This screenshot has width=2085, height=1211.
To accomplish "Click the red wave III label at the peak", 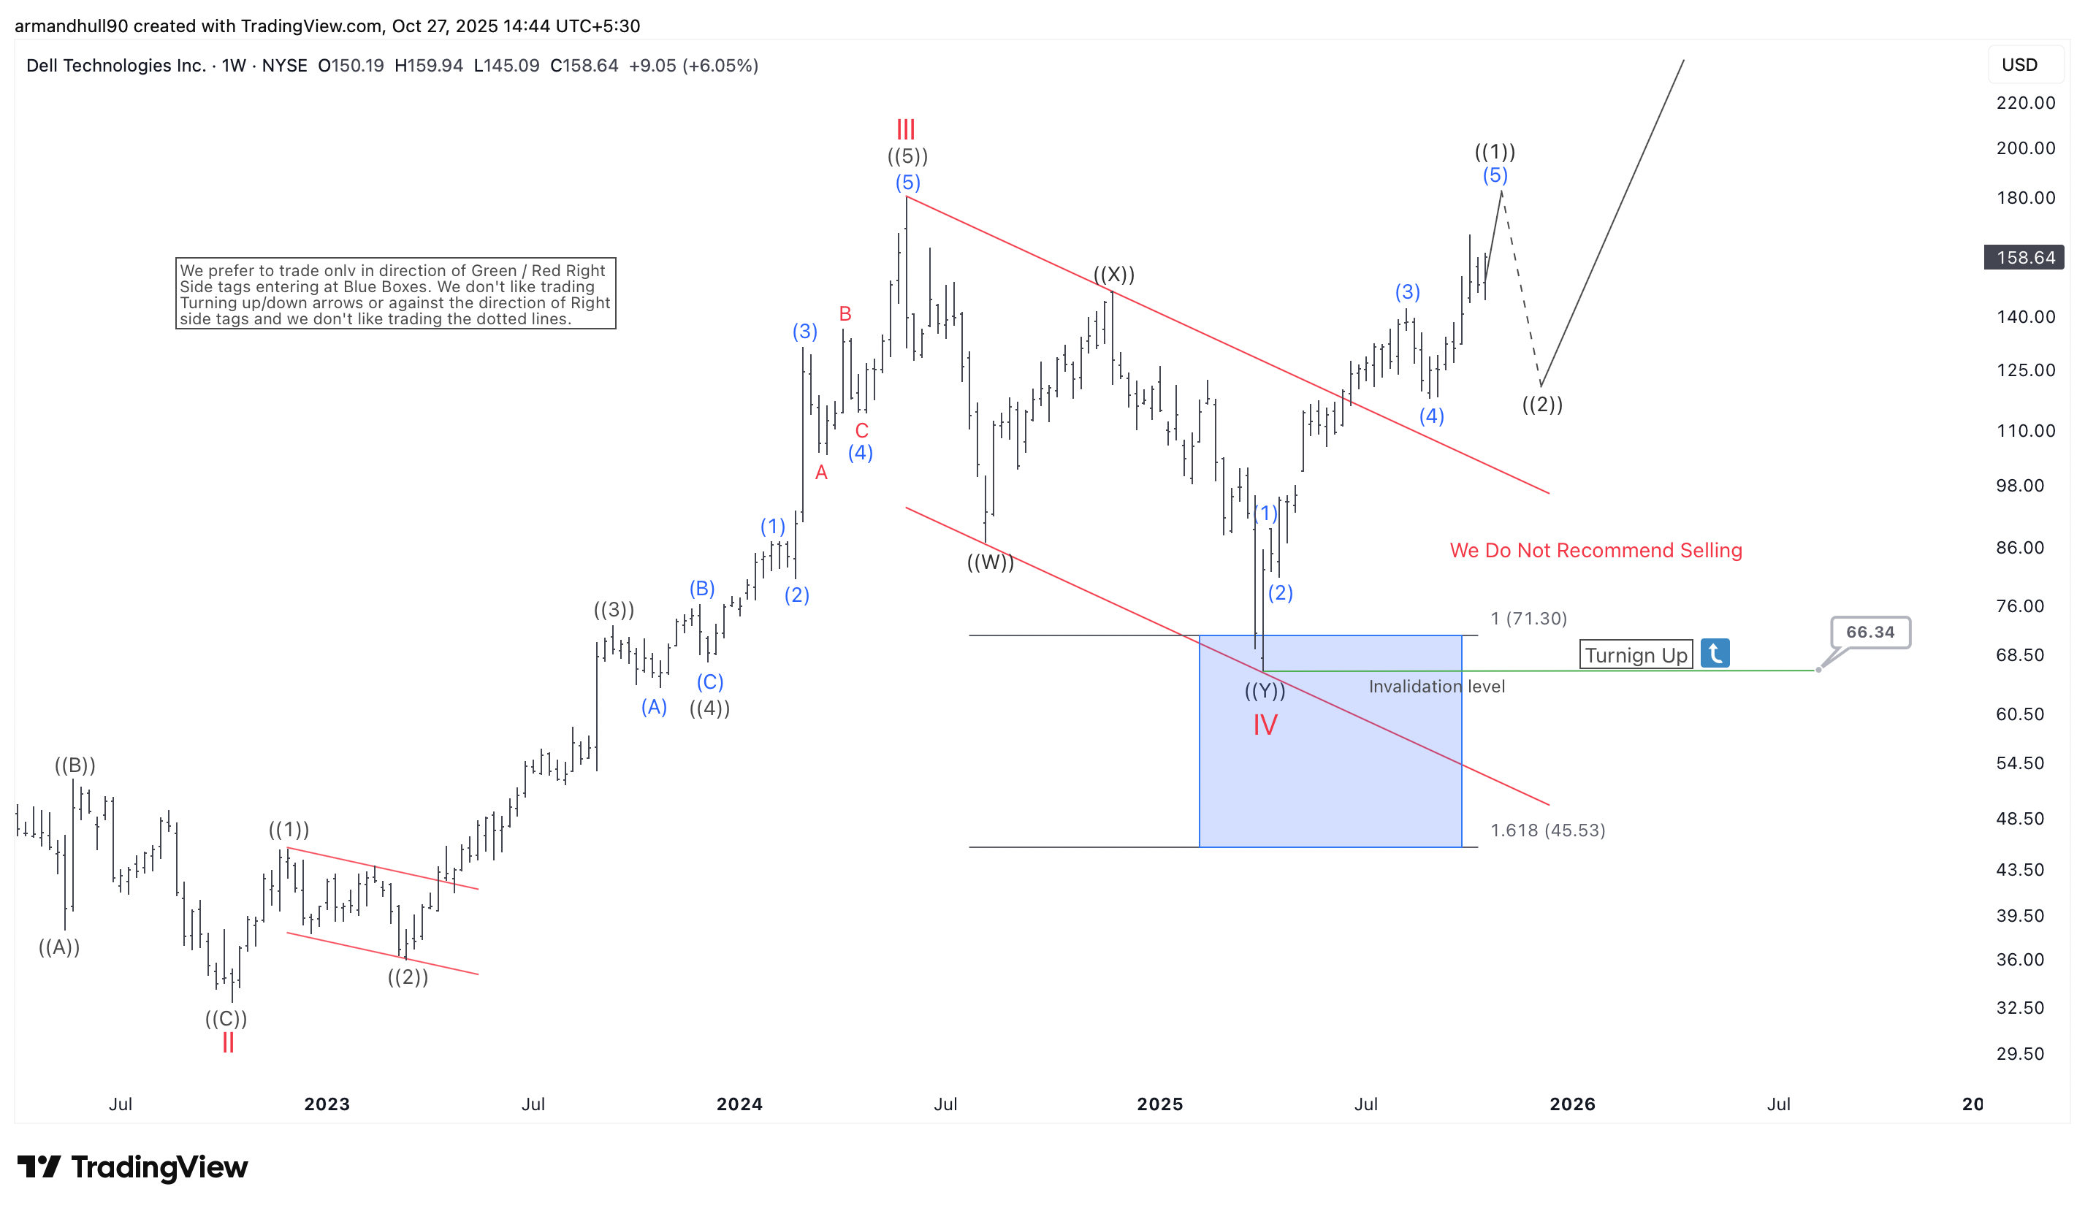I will [x=906, y=129].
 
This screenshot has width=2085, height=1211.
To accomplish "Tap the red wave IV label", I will [x=1265, y=725].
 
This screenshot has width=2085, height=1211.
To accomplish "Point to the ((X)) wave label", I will [x=1113, y=274].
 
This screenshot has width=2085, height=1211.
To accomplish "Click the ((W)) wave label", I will [x=991, y=562].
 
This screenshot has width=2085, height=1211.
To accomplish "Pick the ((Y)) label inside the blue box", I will [x=1265, y=690].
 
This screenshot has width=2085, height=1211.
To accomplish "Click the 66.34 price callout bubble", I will [x=1870, y=632].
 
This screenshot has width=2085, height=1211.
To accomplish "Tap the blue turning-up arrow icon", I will [x=1715, y=654].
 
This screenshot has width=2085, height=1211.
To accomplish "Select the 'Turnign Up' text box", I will [x=1636, y=655].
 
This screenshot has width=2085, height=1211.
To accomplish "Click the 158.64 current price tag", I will [x=2024, y=257].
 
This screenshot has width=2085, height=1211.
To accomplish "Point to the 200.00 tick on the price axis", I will [x=2025, y=148].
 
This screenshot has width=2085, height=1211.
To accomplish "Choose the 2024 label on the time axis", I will [x=739, y=1104].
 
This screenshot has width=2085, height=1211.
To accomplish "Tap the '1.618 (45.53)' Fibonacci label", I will [x=1547, y=830].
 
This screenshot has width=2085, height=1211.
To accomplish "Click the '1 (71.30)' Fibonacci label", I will [x=1528, y=618].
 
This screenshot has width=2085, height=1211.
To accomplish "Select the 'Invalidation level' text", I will [x=1436, y=686].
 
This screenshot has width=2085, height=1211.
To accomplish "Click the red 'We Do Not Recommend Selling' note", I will [x=1596, y=550].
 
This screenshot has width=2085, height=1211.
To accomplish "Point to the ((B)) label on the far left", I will [x=75, y=765].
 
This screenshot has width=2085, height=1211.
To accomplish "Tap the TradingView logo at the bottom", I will [x=132, y=1167].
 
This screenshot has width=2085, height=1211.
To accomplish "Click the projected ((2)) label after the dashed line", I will [x=1542, y=405].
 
